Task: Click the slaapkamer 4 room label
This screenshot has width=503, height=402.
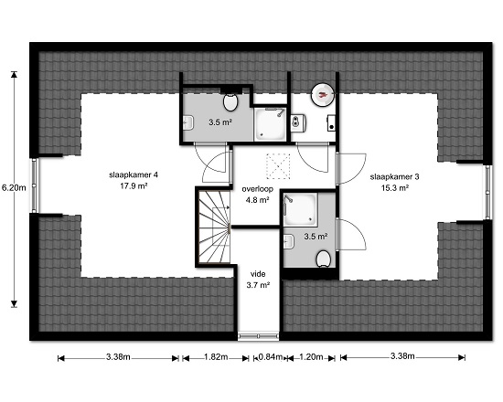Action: click(x=134, y=175)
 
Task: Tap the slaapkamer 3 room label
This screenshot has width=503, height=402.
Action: click(x=394, y=176)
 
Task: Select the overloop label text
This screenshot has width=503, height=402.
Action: click(x=258, y=189)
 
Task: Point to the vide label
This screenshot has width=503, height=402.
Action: click(x=258, y=274)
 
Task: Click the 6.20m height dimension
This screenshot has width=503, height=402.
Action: click(x=14, y=187)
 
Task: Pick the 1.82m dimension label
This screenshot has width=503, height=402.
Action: click(x=216, y=357)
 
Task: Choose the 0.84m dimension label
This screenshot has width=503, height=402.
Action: click(x=271, y=357)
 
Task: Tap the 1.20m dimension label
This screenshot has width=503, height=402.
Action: click(x=311, y=357)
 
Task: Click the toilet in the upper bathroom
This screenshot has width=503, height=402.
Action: click(x=230, y=101)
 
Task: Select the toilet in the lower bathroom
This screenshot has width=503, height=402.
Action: click(x=324, y=259)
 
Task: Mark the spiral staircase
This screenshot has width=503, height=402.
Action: click(x=214, y=227)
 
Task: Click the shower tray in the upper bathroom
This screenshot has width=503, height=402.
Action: click(x=270, y=124)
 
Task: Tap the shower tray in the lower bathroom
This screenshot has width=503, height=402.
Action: click(x=300, y=209)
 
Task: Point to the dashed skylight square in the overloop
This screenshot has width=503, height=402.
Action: click(x=278, y=166)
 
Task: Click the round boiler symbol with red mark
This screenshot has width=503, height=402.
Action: click(x=323, y=94)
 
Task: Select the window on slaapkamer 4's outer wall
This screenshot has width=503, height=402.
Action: click(x=35, y=185)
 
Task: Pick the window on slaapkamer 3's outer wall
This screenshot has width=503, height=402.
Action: click(x=488, y=193)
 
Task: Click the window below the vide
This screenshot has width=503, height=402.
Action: click(x=258, y=336)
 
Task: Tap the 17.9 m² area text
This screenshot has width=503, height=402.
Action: click(x=134, y=186)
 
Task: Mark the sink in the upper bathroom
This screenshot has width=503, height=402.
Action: click(x=188, y=122)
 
